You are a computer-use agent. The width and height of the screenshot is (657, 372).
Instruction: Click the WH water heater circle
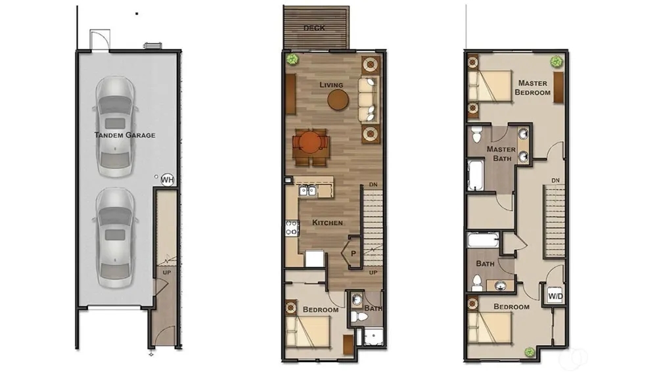(x=167, y=180)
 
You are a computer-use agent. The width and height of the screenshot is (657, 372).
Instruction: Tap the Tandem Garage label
(x=125, y=135)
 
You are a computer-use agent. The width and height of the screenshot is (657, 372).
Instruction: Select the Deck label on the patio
(x=314, y=28)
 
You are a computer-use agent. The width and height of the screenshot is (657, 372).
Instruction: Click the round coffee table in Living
(x=338, y=100)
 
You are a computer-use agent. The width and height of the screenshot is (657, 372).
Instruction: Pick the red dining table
(x=310, y=143)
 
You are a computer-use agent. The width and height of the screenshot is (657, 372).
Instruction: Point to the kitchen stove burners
(x=292, y=227)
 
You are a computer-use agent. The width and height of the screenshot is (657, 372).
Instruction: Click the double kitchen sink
(x=308, y=191)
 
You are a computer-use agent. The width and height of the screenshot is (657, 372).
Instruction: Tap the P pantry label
(x=353, y=253)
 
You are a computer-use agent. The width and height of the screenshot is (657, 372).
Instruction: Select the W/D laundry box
(x=555, y=296)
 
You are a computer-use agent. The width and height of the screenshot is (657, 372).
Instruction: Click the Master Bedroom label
(x=533, y=87)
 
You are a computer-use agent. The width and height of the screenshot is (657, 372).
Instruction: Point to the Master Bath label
(x=501, y=154)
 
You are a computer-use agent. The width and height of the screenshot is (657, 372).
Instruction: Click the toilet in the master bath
(x=477, y=134)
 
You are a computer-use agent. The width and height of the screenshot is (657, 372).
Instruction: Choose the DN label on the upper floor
(x=555, y=180)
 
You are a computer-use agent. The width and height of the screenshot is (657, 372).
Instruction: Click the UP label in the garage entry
(x=167, y=272)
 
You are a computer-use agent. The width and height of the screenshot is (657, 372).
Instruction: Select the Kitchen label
(x=328, y=223)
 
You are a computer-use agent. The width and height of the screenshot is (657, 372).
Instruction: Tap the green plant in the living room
(x=292, y=59)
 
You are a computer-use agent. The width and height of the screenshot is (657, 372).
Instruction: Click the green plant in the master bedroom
(x=556, y=62)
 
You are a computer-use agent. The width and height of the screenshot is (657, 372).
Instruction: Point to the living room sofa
(x=367, y=100)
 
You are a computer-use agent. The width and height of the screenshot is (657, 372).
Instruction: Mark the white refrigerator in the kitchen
(x=315, y=258)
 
